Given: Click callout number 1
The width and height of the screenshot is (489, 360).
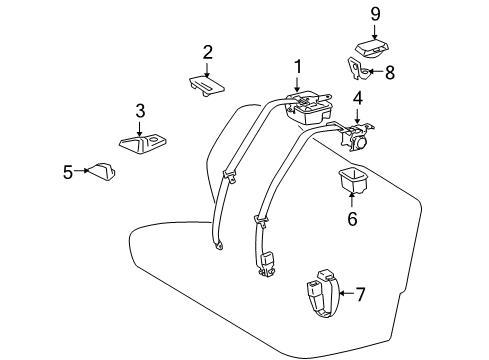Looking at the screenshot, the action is (297, 67).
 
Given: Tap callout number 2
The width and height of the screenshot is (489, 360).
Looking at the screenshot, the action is (207, 53).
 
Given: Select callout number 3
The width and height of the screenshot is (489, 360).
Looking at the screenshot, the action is (140, 111).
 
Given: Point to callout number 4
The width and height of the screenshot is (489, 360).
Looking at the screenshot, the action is (358, 98).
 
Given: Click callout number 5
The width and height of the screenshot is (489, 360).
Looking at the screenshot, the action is (68, 172).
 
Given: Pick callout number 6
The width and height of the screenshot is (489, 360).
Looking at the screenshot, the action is (352, 219).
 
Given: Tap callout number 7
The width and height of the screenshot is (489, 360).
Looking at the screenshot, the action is (360, 294).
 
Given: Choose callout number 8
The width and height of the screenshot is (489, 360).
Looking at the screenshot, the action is (390, 73).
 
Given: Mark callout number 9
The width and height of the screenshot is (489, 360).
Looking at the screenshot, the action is (375, 14).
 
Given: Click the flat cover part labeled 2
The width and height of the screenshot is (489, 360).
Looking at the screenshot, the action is (207, 86).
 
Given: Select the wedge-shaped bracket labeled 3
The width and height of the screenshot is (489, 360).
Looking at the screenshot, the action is (143, 144).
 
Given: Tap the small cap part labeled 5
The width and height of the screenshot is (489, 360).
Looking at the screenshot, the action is (101, 172).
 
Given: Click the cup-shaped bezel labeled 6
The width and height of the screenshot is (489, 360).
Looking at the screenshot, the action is (352, 180).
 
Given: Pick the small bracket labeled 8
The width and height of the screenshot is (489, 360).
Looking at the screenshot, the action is (358, 69).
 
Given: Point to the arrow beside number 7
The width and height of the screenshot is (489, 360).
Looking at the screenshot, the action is (347, 293).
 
